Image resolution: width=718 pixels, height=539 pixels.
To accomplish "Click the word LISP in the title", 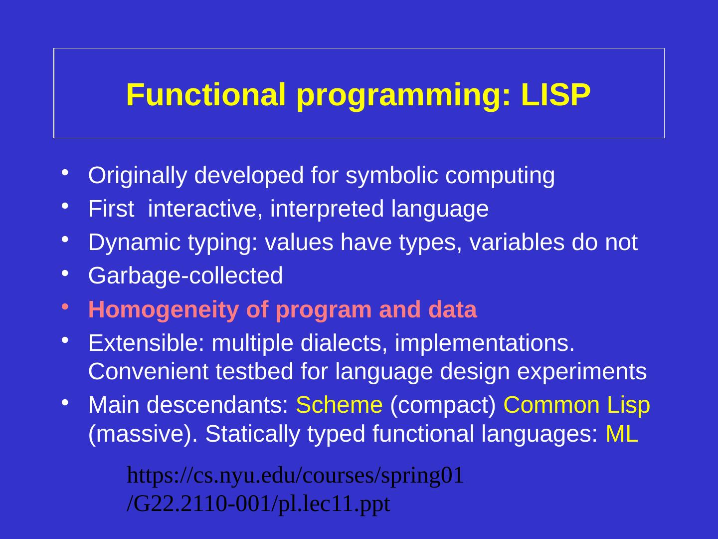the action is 556,95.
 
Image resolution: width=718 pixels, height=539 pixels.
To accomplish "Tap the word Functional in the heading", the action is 206,95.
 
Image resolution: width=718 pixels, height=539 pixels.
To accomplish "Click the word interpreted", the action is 327,209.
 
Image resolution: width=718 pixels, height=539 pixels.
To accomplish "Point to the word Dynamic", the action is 135,243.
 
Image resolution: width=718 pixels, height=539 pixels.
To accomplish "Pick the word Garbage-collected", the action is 185,275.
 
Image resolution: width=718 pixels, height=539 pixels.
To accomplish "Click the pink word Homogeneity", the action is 164,309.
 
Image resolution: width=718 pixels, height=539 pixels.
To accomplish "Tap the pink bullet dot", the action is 65,306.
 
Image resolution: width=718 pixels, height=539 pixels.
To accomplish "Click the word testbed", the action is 254,371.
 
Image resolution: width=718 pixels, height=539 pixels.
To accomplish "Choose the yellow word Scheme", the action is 339,405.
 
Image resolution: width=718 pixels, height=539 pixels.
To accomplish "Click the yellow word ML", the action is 622,434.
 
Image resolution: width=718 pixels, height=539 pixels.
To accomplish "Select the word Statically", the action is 252,435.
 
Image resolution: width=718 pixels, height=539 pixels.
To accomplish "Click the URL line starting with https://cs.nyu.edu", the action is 295,475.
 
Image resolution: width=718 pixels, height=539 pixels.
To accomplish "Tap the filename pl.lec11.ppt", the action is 334,504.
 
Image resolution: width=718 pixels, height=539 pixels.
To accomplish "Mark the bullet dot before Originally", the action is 65,172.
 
